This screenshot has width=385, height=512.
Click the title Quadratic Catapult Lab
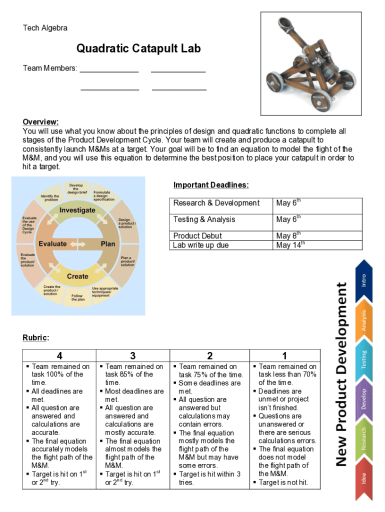[x=138, y=48]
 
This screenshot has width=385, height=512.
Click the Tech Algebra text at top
[x=45, y=28]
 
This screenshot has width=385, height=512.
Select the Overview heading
[x=40, y=122]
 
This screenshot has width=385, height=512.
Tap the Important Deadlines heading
[x=211, y=185]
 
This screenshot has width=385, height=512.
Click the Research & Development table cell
[x=216, y=203]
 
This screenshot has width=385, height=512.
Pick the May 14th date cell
[x=290, y=245]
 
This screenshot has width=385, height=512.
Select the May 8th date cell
[x=288, y=235]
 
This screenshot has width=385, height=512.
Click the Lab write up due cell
[x=200, y=245]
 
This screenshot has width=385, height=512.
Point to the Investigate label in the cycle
[x=77, y=210]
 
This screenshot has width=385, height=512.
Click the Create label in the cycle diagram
[x=77, y=276]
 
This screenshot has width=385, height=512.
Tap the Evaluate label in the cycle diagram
[x=52, y=243]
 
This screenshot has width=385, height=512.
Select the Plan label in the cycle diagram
[x=108, y=243]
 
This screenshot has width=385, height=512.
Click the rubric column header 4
[x=59, y=356]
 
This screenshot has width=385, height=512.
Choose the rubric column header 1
[x=284, y=356]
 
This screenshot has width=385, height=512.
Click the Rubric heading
[x=35, y=338]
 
